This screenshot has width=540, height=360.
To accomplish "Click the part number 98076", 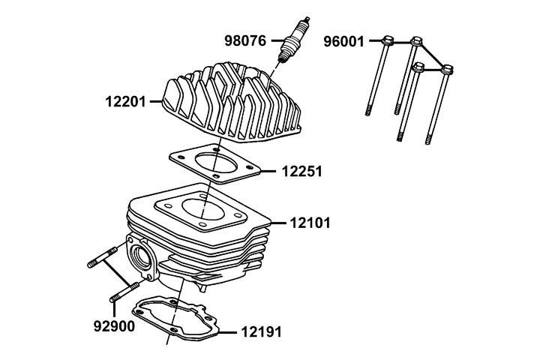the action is (x=245, y=40).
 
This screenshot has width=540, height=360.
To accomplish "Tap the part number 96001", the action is (x=343, y=42).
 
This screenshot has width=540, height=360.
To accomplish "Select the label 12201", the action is (x=126, y=102).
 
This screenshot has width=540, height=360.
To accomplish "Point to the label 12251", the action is (x=302, y=171).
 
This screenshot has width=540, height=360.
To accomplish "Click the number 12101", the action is (x=310, y=223).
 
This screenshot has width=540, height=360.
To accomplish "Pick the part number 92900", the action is (x=114, y=326).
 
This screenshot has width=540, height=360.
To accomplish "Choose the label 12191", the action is (x=262, y=331).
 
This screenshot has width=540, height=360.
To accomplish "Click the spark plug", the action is (x=294, y=40).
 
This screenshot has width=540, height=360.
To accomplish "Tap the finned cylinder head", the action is (x=232, y=102).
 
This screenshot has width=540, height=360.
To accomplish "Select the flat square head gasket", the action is (x=215, y=163).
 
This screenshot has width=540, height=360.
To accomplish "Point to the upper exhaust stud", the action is (x=102, y=257).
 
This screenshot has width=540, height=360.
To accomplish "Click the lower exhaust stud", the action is (x=124, y=292).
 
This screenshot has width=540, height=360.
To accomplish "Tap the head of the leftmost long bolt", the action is (x=388, y=40).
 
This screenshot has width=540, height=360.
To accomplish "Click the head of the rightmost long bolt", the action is (x=447, y=70).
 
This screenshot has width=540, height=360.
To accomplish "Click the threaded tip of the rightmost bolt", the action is (x=428, y=140).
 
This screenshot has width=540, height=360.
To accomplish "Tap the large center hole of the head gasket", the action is (x=216, y=164).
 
